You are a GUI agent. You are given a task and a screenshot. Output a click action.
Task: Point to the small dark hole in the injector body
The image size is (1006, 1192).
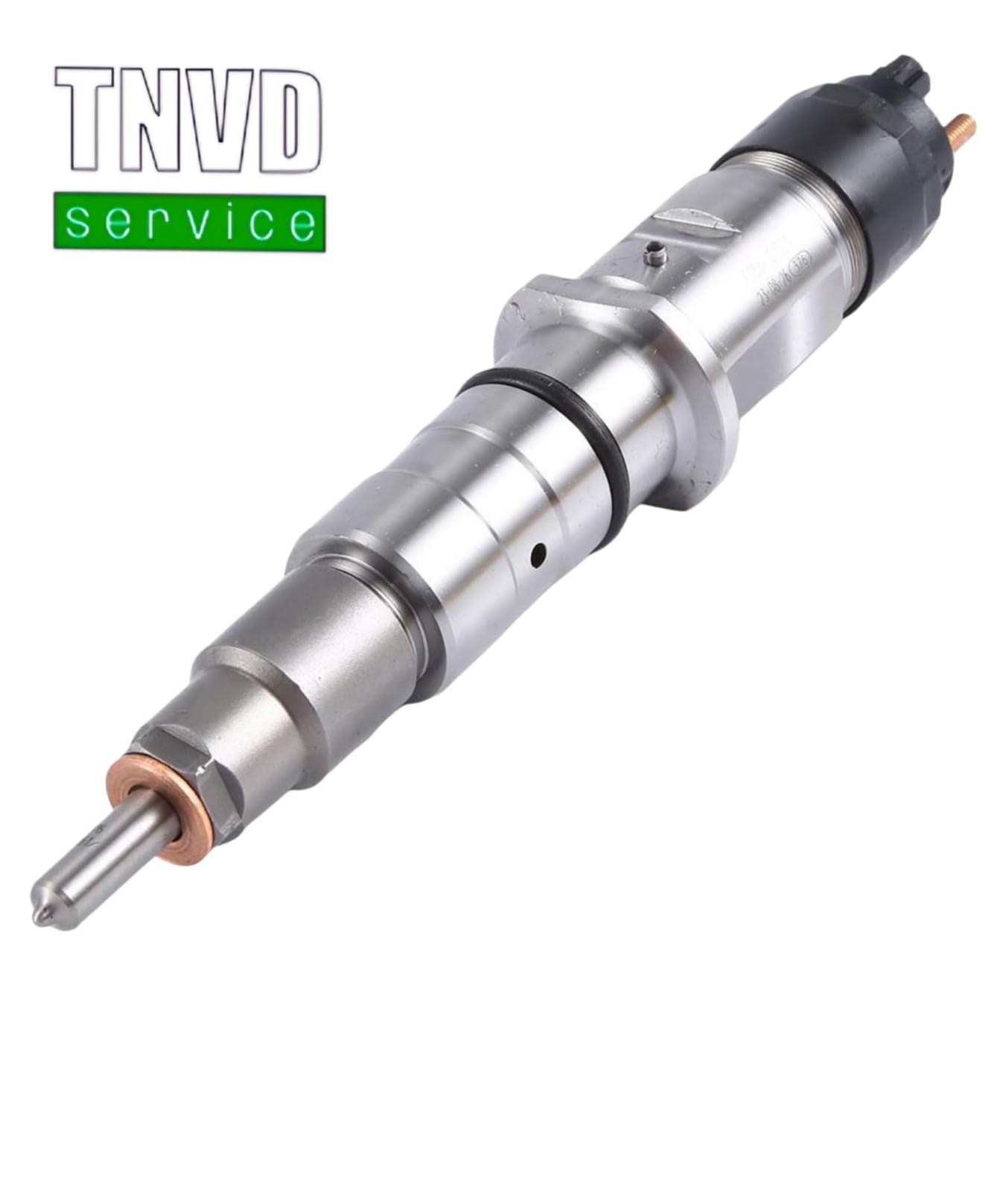[x=538, y=553]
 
